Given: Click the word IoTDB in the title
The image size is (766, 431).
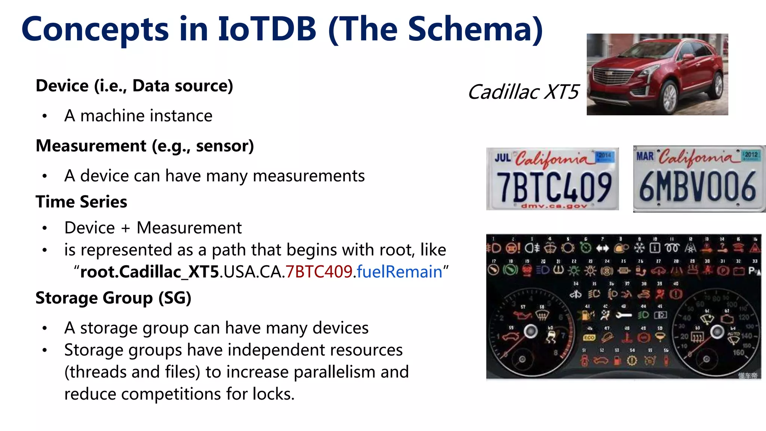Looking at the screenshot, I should tap(267, 29).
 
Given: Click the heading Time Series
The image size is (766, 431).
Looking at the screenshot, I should tap(81, 202).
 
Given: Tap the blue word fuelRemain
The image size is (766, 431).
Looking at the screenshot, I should tap(399, 272).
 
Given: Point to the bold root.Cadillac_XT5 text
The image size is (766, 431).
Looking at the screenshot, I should tap(150, 272).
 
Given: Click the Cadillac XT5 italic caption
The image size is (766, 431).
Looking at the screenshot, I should tap(523, 92).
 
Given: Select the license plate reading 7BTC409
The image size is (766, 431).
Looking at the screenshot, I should tap(552, 179).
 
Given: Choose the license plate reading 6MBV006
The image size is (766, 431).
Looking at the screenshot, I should tap(699, 179).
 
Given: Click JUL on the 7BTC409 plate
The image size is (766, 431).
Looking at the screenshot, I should tap(503, 158).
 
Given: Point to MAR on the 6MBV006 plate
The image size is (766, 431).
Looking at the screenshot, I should tap(645, 156).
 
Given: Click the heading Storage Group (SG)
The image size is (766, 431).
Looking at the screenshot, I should tap(113, 298).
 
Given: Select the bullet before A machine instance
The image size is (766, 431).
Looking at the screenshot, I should tap(45, 116).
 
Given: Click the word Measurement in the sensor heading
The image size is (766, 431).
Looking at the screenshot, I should tap(91, 146).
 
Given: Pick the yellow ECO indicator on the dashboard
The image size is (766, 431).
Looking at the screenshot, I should tap(589, 337).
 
